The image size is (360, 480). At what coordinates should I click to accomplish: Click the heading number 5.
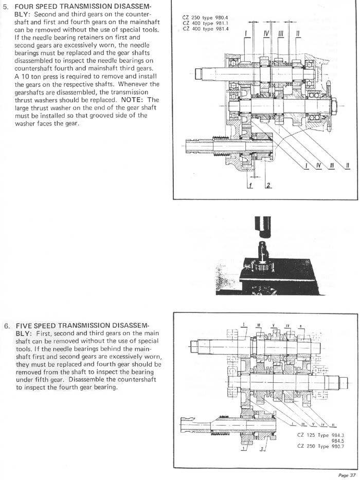pos(7,7)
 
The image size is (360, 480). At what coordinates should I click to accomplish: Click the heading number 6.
pos(7,326)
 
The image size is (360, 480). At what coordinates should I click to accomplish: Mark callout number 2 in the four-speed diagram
pos(268,186)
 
